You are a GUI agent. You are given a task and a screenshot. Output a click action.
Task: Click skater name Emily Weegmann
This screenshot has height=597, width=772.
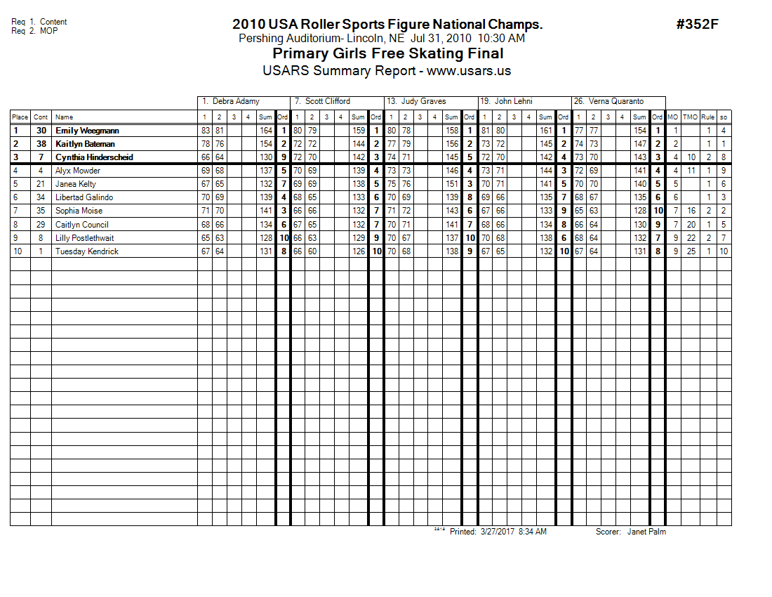[x=87, y=131]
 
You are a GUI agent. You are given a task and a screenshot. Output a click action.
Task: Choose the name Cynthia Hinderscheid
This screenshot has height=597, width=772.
[x=94, y=157]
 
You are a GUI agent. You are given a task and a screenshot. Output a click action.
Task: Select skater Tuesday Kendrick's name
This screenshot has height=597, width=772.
[x=87, y=251]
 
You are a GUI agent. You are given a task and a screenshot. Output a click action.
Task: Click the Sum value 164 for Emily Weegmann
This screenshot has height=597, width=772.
[x=265, y=131]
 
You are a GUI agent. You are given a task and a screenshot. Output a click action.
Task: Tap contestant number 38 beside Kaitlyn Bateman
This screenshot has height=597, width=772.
[x=41, y=144]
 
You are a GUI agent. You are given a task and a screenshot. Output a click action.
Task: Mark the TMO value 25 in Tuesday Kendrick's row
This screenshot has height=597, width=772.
[x=691, y=251]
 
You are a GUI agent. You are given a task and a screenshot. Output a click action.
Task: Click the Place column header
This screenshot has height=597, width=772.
[x=20, y=117]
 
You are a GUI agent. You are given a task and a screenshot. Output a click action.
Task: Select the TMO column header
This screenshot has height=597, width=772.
[x=691, y=117]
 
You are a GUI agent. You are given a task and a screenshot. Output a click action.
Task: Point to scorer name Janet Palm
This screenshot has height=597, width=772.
[x=646, y=532]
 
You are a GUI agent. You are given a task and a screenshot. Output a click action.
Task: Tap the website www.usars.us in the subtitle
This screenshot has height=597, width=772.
[x=469, y=71]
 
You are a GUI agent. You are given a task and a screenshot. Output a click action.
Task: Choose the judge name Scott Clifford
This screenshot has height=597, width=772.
[x=328, y=101]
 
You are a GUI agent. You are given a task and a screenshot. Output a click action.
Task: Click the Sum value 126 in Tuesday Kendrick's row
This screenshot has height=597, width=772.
[x=359, y=251]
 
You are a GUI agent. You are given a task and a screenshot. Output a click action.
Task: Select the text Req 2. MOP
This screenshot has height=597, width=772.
[x=35, y=31]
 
